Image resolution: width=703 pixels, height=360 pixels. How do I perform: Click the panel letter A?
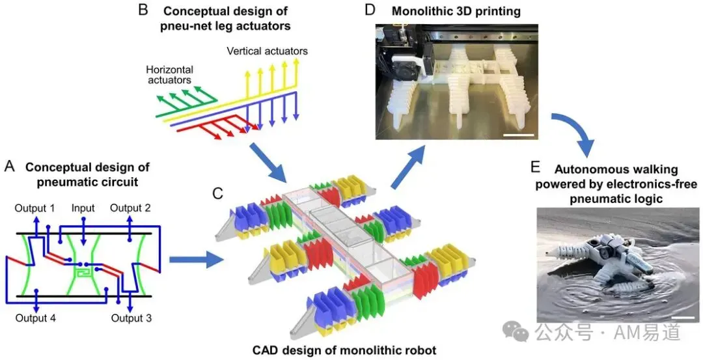[x=10, y=167]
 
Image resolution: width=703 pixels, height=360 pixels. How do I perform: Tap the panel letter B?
[x=143, y=9]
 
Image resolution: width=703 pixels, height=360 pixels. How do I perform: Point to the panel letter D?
[x=370, y=9]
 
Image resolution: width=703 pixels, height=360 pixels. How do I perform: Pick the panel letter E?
[x=535, y=167]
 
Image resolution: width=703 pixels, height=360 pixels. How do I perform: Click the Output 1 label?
[x=34, y=208]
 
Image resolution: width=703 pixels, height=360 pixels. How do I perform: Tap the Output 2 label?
[x=130, y=208]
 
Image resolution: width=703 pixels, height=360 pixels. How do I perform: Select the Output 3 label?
[x=131, y=318]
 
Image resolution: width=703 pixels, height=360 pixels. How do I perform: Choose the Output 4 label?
[x=35, y=318]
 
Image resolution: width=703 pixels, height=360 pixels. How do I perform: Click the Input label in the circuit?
[x=83, y=208]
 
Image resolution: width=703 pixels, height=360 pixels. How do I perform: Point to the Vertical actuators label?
[x=268, y=51]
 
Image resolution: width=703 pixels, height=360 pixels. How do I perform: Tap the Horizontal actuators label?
[x=169, y=75]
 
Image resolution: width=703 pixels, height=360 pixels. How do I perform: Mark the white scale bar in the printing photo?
[x=519, y=134]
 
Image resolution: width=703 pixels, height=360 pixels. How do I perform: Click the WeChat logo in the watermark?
[x=516, y=331]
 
